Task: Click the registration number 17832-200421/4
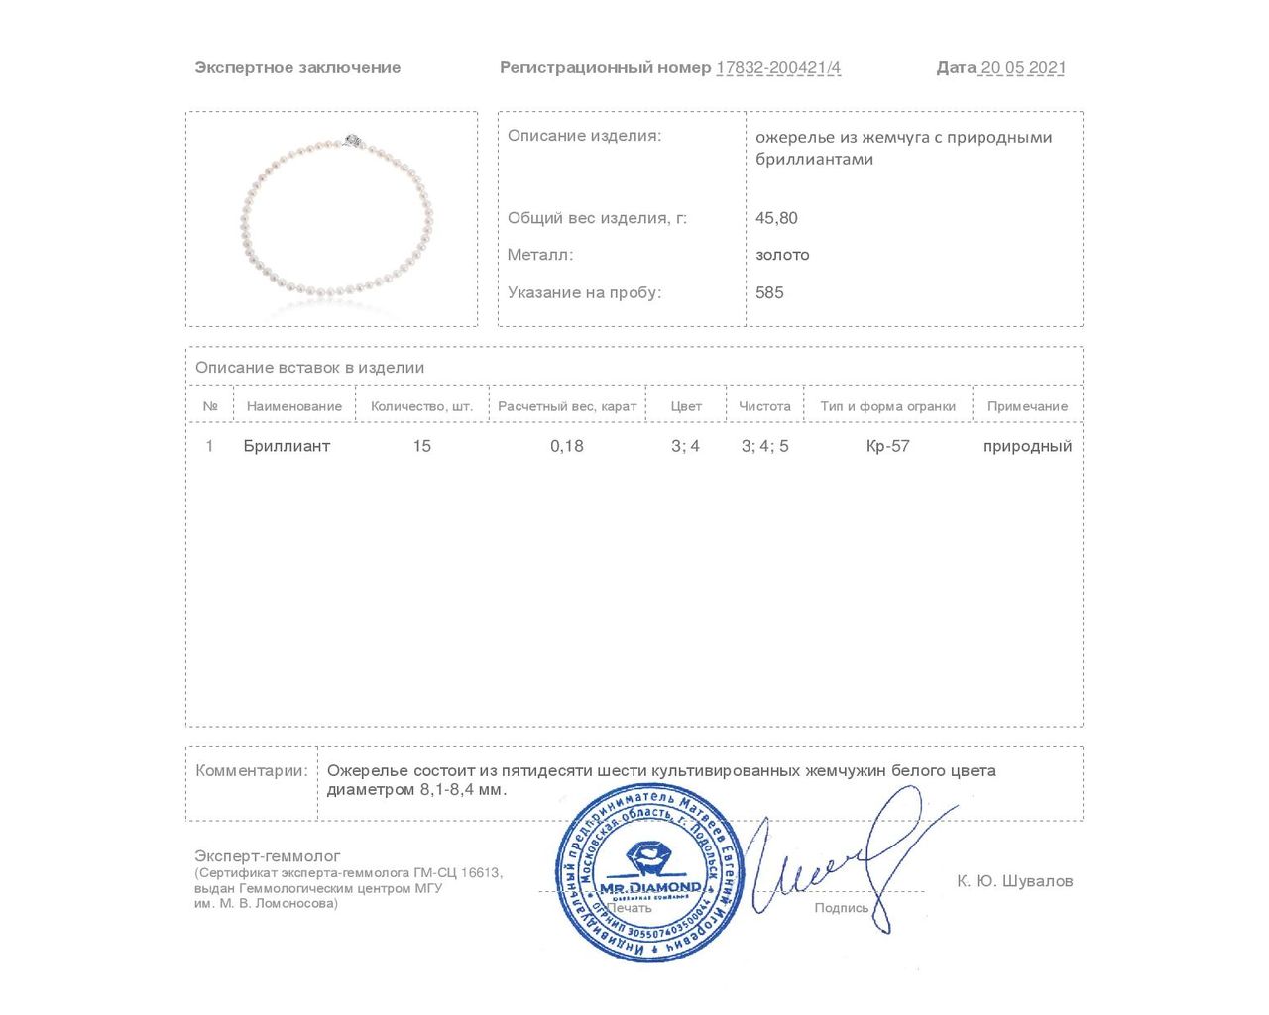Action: pos(778,68)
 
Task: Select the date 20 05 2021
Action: pos(1022,68)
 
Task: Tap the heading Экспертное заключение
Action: pos(297,68)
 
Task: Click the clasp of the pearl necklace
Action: pos(351,141)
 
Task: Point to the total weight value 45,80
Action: pos(776,218)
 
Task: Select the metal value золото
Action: pos(782,255)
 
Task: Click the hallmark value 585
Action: pos(769,292)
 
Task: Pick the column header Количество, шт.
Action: pos(421,406)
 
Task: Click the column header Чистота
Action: pos(764,406)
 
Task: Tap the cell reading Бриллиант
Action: pos(287,446)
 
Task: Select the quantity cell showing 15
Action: pos(421,446)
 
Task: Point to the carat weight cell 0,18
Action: pos(567,446)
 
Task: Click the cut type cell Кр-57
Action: pos(887,446)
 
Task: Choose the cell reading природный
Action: pos(1027,446)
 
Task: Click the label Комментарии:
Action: pos(252,770)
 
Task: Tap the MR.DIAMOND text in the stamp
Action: pos(650,886)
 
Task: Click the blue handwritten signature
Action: pos(843,857)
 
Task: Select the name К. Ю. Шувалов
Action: pos(1014,881)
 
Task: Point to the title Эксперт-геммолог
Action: pos(268,855)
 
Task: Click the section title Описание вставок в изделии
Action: pos(309,368)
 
